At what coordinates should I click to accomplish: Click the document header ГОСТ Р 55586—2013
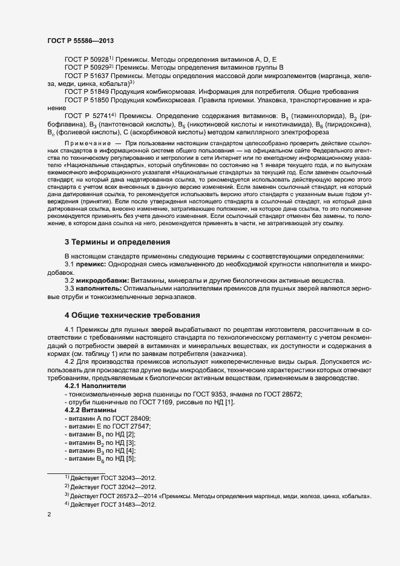(x=80, y=41)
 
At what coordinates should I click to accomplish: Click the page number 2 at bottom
(x=49, y=515)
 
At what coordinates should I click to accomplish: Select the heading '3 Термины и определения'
(x=117, y=242)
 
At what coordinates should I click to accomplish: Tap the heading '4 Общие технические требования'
(x=132, y=315)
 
